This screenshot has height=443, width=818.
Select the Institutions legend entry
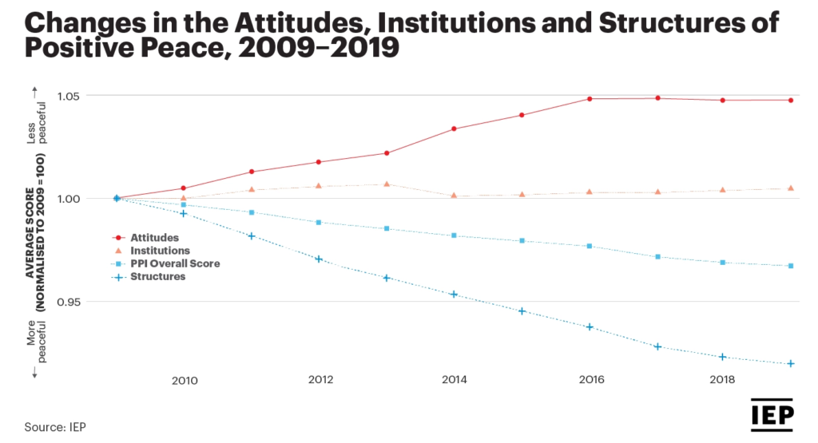(161, 251)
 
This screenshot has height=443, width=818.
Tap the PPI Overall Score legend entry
(175, 263)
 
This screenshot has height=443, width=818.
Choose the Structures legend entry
(158, 277)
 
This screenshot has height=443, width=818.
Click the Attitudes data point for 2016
(590, 99)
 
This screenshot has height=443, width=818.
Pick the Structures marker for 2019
(791, 363)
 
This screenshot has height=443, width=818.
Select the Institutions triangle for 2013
(387, 184)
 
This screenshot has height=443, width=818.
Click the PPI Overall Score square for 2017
(657, 257)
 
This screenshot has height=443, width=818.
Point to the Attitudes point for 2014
(454, 129)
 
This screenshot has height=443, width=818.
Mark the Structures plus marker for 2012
(319, 259)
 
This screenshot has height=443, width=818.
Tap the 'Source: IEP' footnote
(55, 427)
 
